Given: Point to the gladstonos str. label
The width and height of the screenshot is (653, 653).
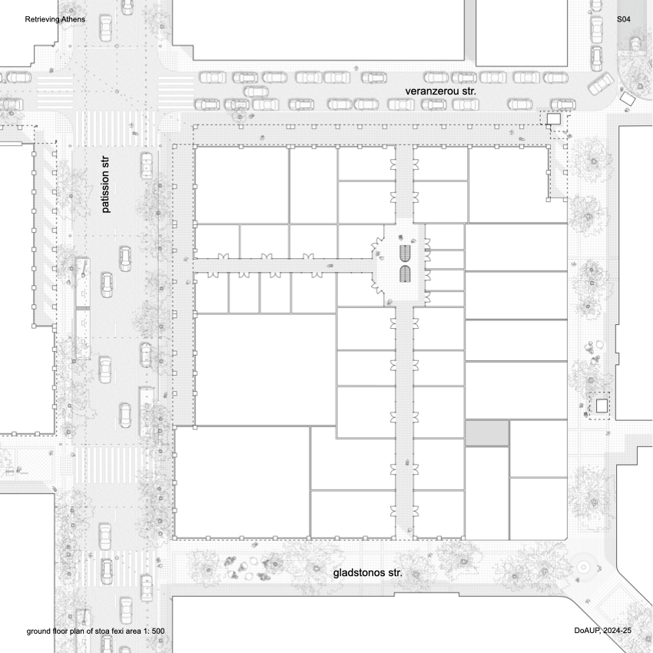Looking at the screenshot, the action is (368, 573).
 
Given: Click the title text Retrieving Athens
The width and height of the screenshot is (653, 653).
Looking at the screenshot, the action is (55, 18).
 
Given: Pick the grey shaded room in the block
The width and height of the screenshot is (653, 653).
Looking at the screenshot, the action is (487, 432).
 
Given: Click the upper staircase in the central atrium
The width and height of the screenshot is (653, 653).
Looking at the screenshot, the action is (406, 253).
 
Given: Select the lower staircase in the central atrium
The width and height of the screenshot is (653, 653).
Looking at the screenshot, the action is (406, 273).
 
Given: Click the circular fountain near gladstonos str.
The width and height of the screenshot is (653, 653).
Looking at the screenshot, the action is (584, 566).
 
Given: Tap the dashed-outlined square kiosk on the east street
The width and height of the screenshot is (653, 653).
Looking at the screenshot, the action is (602, 405).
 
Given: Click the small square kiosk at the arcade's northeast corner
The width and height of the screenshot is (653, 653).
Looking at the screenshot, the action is (554, 118).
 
